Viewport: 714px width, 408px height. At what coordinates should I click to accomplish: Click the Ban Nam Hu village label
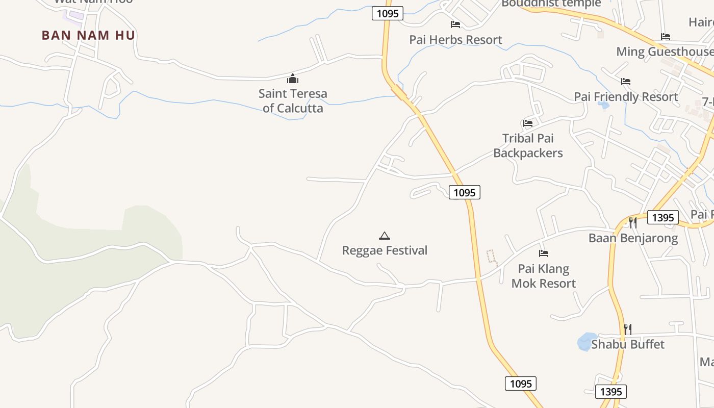(88, 35)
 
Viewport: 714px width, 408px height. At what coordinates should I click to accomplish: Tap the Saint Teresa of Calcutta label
(292, 100)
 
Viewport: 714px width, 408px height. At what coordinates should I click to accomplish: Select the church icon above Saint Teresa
(292, 79)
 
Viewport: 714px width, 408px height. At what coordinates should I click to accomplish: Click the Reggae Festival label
(385, 250)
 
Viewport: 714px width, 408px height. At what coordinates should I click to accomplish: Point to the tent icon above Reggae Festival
(385, 236)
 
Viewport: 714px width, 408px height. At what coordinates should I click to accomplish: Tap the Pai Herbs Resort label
(455, 40)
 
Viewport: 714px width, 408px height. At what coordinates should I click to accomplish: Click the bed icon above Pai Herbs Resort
(455, 24)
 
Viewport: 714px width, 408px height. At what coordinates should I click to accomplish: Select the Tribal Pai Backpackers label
(528, 145)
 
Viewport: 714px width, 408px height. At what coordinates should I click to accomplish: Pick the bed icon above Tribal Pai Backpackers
(528, 123)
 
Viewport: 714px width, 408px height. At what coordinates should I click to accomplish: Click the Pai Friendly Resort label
(626, 97)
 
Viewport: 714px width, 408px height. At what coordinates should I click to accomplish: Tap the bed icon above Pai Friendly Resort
(626, 81)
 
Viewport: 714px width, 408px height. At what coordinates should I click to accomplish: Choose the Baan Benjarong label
(633, 238)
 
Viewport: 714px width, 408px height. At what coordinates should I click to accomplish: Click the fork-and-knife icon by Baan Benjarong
(632, 222)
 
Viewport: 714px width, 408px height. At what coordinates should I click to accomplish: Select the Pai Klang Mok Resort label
(544, 276)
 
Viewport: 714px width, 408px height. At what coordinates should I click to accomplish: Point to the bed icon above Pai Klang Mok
(544, 253)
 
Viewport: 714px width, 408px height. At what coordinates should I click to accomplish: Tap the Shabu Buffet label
(628, 345)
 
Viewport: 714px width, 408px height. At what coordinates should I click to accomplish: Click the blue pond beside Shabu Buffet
(586, 342)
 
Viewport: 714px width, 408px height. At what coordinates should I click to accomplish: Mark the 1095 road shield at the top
(388, 13)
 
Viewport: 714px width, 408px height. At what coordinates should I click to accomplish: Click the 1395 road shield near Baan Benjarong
(663, 218)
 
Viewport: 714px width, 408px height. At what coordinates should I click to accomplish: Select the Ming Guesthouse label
(665, 52)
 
